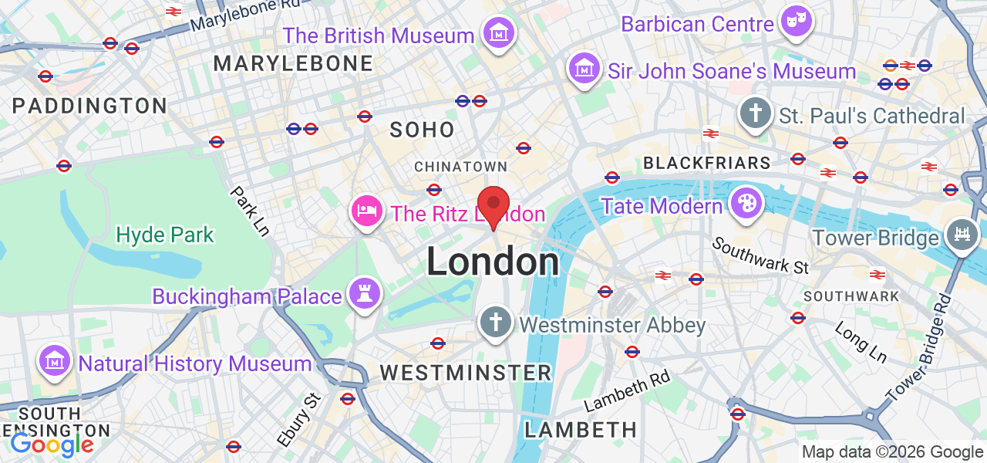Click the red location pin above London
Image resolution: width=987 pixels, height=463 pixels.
click(493, 204)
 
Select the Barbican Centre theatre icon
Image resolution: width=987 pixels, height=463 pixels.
click(794, 22)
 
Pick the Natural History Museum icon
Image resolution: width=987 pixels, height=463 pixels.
click(55, 361)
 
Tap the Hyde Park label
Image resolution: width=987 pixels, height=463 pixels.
click(165, 235)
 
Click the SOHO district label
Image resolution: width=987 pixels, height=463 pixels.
click(422, 130)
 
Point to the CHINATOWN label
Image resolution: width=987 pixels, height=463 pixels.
click(460, 167)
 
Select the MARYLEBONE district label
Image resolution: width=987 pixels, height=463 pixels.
click(293, 63)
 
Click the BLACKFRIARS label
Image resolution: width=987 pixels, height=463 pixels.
click(706, 163)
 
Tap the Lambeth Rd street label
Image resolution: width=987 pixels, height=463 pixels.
click(627, 390)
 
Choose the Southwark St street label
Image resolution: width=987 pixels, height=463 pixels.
click(760, 255)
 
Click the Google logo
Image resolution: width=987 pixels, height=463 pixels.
click(52, 444)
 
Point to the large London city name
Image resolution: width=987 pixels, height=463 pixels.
click(493, 262)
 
